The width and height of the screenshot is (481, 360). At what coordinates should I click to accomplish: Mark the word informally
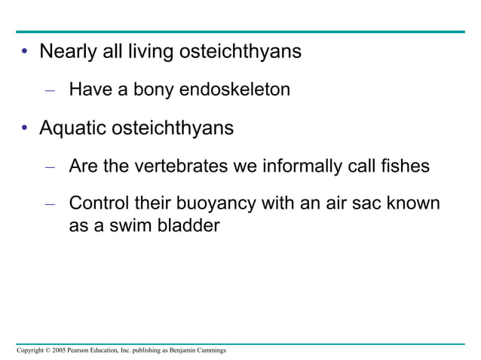(301, 166)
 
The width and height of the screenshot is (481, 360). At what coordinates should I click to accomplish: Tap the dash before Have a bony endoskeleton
(50, 91)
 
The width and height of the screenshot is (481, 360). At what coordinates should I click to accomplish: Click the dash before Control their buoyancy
(50, 204)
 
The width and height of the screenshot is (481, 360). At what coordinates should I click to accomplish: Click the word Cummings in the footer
(209, 351)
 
